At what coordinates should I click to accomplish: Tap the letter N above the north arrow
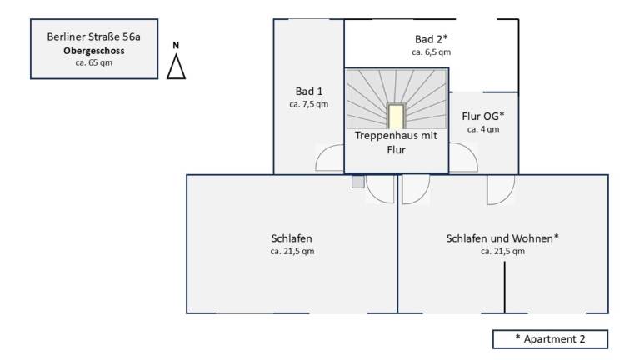[x=176, y=45]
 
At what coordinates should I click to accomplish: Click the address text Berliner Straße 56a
[x=94, y=37]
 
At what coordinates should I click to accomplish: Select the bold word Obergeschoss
[x=94, y=51]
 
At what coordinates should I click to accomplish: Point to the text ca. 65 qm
[x=94, y=62]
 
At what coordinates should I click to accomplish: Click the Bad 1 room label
[x=309, y=92]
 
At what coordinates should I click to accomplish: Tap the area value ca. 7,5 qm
[x=309, y=104]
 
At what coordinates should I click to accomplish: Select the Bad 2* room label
[x=432, y=39]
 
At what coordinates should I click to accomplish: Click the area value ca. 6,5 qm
[x=432, y=52]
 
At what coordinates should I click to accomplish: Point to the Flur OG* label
[x=483, y=117]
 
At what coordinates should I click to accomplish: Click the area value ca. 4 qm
[x=483, y=129]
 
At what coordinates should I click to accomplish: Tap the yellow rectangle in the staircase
[x=396, y=117]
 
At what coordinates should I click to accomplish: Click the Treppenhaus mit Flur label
[x=396, y=142]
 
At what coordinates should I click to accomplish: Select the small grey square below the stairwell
[x=358, y=182]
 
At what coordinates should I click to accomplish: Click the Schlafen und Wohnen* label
[x=502, y=238]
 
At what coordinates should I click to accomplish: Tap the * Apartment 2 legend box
[x=550, y=339]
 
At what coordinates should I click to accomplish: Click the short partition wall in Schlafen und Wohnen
[x=504, y=287]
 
